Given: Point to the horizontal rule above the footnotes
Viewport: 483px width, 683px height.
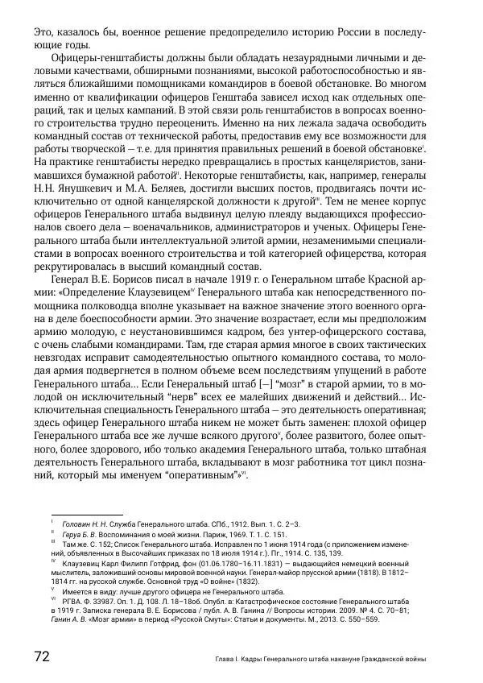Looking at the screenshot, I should click(86, 514).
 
